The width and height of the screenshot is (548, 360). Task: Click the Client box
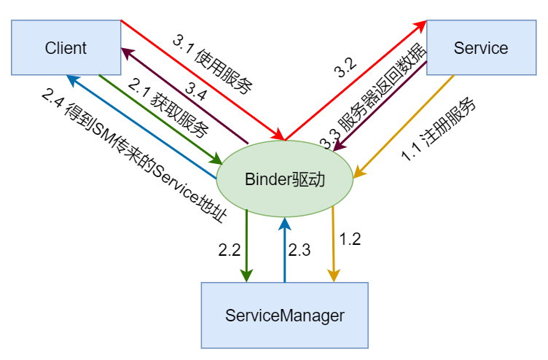pos(66,48)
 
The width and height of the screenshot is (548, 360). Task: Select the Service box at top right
pos(480,48)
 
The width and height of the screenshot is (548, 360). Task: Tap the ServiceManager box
pos(284,316)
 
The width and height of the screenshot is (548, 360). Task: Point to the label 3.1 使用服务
pos(212,65)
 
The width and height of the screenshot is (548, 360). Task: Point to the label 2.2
pos(229,250)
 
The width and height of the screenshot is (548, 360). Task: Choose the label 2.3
pos(300,250)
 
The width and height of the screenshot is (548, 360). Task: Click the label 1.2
pos(351,239)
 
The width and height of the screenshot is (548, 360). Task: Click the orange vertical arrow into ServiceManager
pos(333,244)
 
